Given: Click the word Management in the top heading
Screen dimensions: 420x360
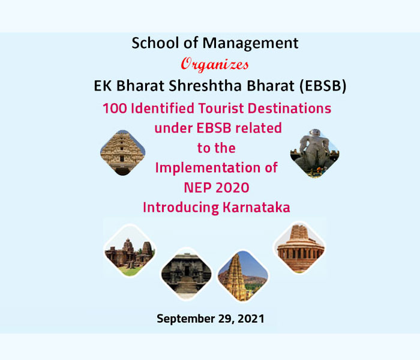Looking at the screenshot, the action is coord(250,43).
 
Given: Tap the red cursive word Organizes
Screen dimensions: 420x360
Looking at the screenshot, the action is coord(215,65).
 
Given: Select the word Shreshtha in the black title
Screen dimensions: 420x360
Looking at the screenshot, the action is coord(206,86).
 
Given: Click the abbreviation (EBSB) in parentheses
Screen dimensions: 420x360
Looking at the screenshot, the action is coord(323,86).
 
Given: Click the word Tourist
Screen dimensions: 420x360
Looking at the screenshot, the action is coord(221,109).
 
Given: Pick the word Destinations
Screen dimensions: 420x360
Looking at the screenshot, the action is coord(290,109).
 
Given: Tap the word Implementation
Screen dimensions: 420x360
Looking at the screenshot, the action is coord(208,168).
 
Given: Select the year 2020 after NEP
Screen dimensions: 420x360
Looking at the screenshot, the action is coord(233,187).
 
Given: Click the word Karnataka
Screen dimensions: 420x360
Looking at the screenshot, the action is coord(257,208).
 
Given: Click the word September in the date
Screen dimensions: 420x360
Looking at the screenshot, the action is coord(186,319).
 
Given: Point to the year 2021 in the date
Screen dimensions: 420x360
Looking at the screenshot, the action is coord(251,319).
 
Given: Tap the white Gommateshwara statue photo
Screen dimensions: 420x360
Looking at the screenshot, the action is coord(315,153).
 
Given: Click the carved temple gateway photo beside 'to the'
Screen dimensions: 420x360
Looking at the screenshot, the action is coord(122,153).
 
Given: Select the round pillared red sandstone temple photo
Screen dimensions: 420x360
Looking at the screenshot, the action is coord(299,248).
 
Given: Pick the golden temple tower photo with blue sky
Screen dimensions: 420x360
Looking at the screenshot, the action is coord(242,276).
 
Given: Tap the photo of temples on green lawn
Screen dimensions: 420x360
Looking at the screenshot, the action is coord(130,251).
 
